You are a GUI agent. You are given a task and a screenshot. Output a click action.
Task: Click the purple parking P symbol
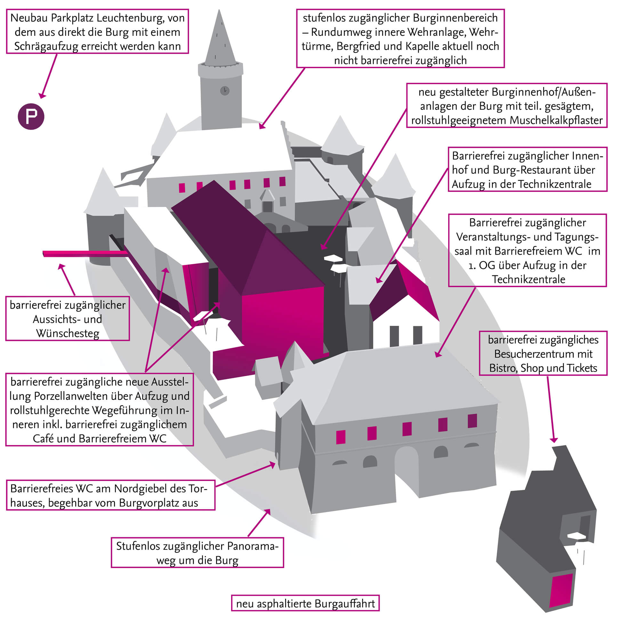point(31,116)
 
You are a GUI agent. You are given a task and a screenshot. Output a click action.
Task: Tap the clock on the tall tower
point(225,91)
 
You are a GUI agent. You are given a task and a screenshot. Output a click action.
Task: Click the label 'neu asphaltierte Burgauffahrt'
point(305,604)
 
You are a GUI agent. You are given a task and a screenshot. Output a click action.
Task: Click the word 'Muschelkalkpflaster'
point(556,120)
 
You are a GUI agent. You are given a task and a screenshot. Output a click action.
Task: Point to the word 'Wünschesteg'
point(68,333)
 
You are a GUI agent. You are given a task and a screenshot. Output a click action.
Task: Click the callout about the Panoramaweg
point(197,553)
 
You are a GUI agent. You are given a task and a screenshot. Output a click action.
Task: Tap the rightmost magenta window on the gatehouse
point(472,421)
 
